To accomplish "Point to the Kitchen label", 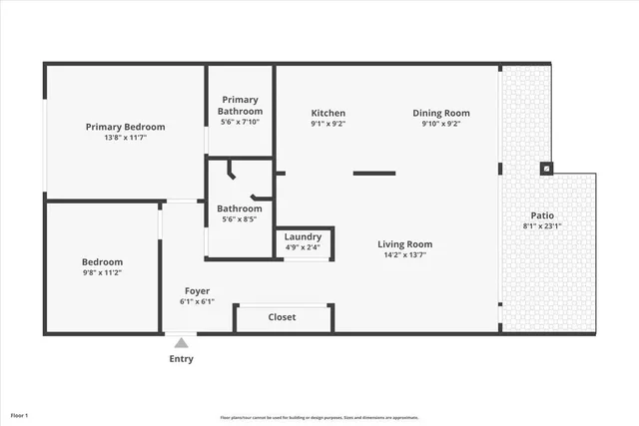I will [x=327, y=113].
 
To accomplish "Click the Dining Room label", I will [x=441, y=113].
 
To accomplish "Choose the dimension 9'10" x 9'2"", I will [x=441, y=125].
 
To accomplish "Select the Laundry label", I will [x=303, y=236].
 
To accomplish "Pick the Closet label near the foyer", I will [x=283, y=317].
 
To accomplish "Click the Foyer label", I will [x=196, y=291].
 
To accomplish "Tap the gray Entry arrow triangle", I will [x=181, y=342].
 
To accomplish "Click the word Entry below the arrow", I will [x=181, y=359].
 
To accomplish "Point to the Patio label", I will [x=542, y=215].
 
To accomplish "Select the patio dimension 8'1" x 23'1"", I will [x=542, y=226].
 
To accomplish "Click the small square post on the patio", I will [x=546, y=169].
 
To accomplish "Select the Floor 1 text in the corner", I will [x=20, y=414].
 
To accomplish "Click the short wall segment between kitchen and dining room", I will [x=374, y=173].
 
